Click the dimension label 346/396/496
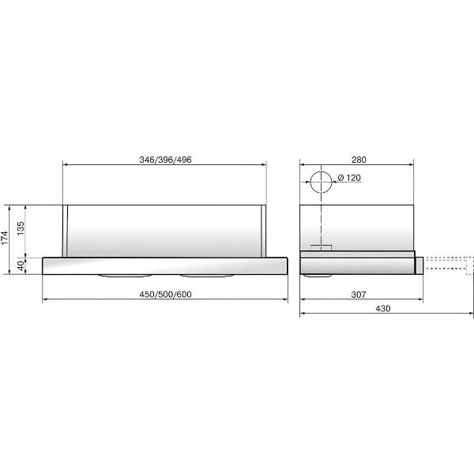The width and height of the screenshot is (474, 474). pyautogui.click(x=165, y=160)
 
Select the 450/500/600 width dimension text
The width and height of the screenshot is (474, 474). pyautogui.click(x=165, y=294)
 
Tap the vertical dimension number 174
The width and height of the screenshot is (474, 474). pyautogui.click(x=5, y=238)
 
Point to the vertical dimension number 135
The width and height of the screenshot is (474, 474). pyautogui.click(x=21, y=228)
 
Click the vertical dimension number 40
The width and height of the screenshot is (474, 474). pyautogui.click(x=21, y=265)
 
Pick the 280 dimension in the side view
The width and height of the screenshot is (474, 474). pyautogui.click(x=359, y=160)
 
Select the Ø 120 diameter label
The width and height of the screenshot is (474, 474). pyautogui.click(x=349, y=178)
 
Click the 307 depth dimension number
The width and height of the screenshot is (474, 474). pyautogui.click(x=359, y=294)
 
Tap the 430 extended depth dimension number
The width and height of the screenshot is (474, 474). pyautogui.click(x=383, y=308)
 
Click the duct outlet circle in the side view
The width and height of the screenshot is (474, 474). pyautogui.click(x=321, y=171)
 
